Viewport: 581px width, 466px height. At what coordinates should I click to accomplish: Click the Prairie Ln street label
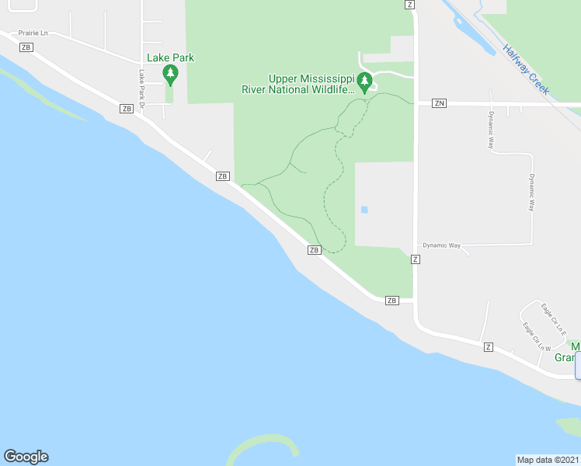click(x=33, y=33)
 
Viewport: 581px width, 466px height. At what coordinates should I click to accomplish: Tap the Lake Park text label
click(x=170, y=57)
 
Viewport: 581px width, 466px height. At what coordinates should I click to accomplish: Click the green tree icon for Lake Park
click(x=170, y=75)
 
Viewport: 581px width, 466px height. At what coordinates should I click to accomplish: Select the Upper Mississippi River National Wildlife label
click(x=311, y=84)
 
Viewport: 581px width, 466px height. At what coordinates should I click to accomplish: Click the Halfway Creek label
click(x=526, y=69)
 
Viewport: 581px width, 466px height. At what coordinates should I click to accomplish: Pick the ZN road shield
click(x=440, y=103)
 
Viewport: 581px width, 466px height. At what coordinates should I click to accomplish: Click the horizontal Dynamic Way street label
click(x=442, y=245)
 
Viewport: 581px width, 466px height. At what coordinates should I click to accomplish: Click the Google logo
click(x=26, y=457)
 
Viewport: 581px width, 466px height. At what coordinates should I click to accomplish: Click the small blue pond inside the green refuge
click(x=364, y=210)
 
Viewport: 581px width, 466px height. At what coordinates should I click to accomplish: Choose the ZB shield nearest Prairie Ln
click(x=26, y=47)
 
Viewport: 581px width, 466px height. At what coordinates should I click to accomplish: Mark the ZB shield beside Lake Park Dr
click(x=127, y=109)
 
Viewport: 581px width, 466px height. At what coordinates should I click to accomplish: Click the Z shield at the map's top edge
click(x=410, y=4)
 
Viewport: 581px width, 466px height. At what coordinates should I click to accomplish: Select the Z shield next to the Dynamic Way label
click(x=416, y=259)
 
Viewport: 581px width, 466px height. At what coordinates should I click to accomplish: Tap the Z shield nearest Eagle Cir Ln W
click(x=488, y=346)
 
